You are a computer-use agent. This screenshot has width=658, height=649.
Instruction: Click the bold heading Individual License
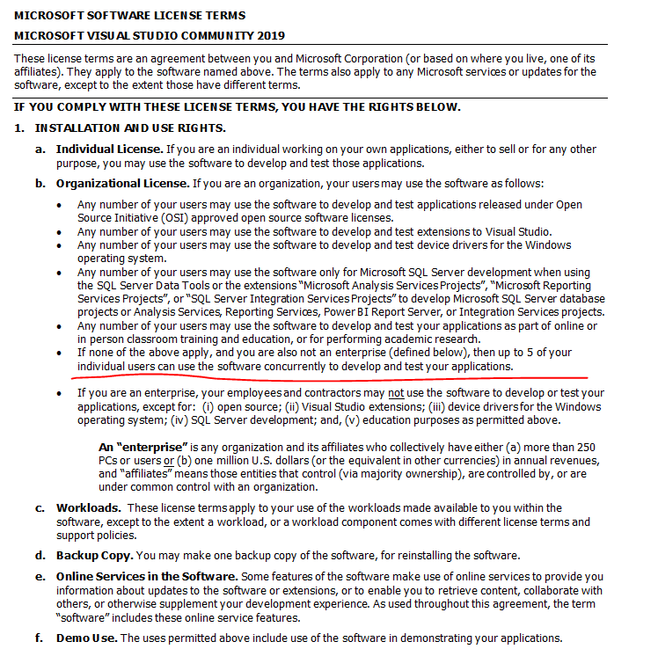point(109,149)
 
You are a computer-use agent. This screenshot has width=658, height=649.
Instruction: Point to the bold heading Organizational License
point(122,184)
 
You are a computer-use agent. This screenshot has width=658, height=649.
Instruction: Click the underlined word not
point(397,393)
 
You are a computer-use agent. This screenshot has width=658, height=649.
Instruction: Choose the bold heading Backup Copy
point(94,556)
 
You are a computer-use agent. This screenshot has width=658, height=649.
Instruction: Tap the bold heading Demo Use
point(85,638)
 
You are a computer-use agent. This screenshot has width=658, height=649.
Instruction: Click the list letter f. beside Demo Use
point(40,638)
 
